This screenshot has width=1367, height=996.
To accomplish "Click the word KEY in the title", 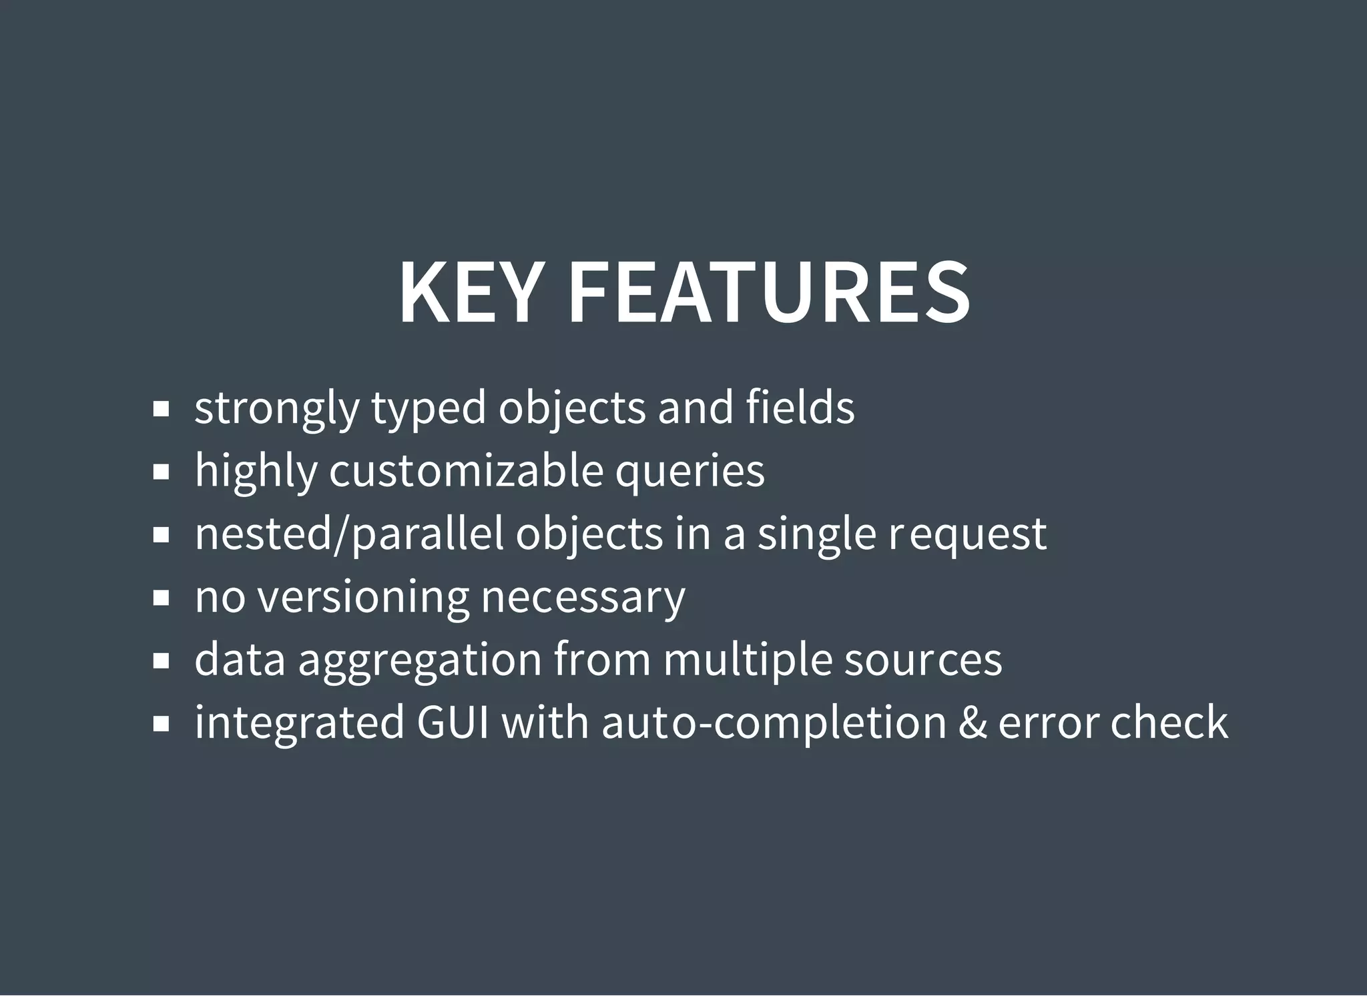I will pos(469,293).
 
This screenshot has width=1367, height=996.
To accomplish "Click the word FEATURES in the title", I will pos(769,293).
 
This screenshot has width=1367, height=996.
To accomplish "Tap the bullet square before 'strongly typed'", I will pos(161,409).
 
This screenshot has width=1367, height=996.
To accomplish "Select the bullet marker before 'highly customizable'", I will pos(161,472).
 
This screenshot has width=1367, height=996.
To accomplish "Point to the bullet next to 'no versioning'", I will pos(161,598).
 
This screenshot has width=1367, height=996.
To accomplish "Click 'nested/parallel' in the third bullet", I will pos(349,534).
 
